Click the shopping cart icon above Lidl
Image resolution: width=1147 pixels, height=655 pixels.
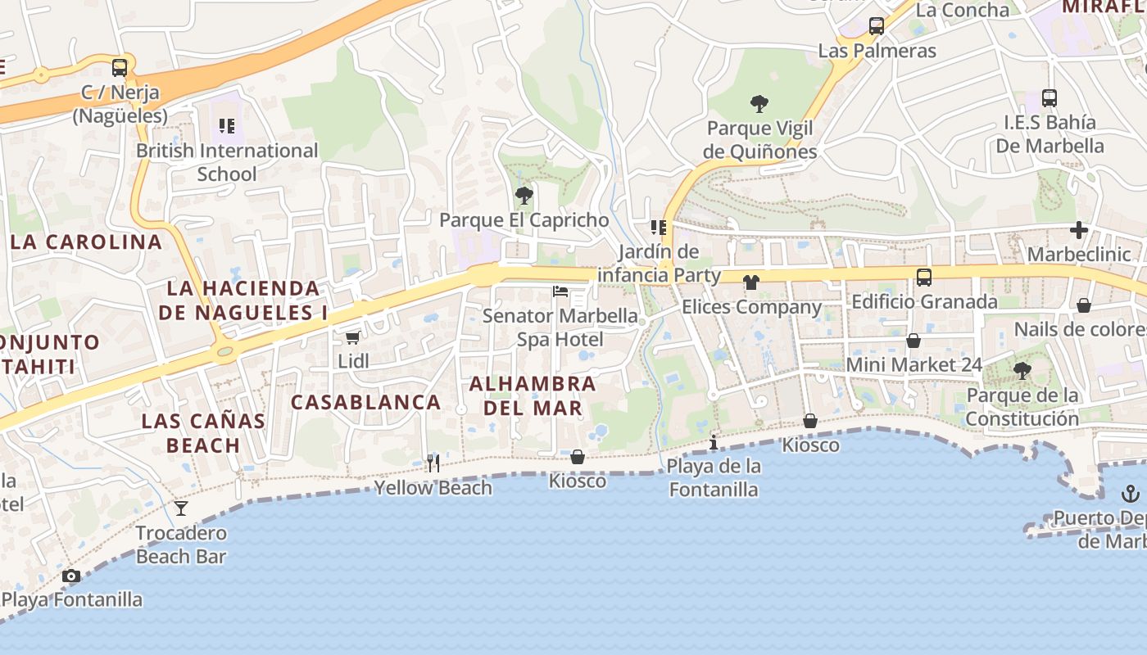click(352, 337)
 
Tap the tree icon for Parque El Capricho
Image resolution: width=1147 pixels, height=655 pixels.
click(524, 196)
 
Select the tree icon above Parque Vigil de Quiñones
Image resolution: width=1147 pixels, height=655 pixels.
click(759, 104)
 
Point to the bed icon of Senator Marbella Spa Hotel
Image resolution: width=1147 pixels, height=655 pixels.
click(560, 291)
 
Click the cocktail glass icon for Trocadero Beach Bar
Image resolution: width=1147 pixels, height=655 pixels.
click(181, 508)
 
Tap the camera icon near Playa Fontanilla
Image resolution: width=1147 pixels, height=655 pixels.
click(71, 576)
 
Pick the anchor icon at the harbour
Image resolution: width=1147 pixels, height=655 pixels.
click(1130, 493)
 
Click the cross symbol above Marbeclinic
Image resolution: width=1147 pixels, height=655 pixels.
click(1079, 230)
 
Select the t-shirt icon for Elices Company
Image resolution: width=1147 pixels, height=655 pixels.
click(750, 282)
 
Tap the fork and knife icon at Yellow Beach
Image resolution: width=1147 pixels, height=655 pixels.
click(433, 463)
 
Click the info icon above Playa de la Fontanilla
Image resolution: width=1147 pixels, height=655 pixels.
click(714, 442)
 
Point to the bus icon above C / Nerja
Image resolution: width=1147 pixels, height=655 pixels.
click(120, 67)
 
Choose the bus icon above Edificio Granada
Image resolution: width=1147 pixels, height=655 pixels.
click(924, 277)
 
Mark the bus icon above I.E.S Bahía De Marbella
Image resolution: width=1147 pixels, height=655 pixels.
click(1050, 97)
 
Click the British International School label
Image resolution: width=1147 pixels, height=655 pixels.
click(227, 162)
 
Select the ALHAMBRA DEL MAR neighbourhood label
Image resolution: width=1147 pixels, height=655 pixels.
click(533, 395)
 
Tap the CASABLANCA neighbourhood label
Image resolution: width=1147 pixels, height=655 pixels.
click(365, 402)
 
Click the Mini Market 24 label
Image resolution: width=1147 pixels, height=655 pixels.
click(914, 364)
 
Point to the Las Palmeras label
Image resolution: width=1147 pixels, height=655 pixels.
click(877, 51)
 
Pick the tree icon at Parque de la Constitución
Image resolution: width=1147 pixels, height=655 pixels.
click(1022, 371)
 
